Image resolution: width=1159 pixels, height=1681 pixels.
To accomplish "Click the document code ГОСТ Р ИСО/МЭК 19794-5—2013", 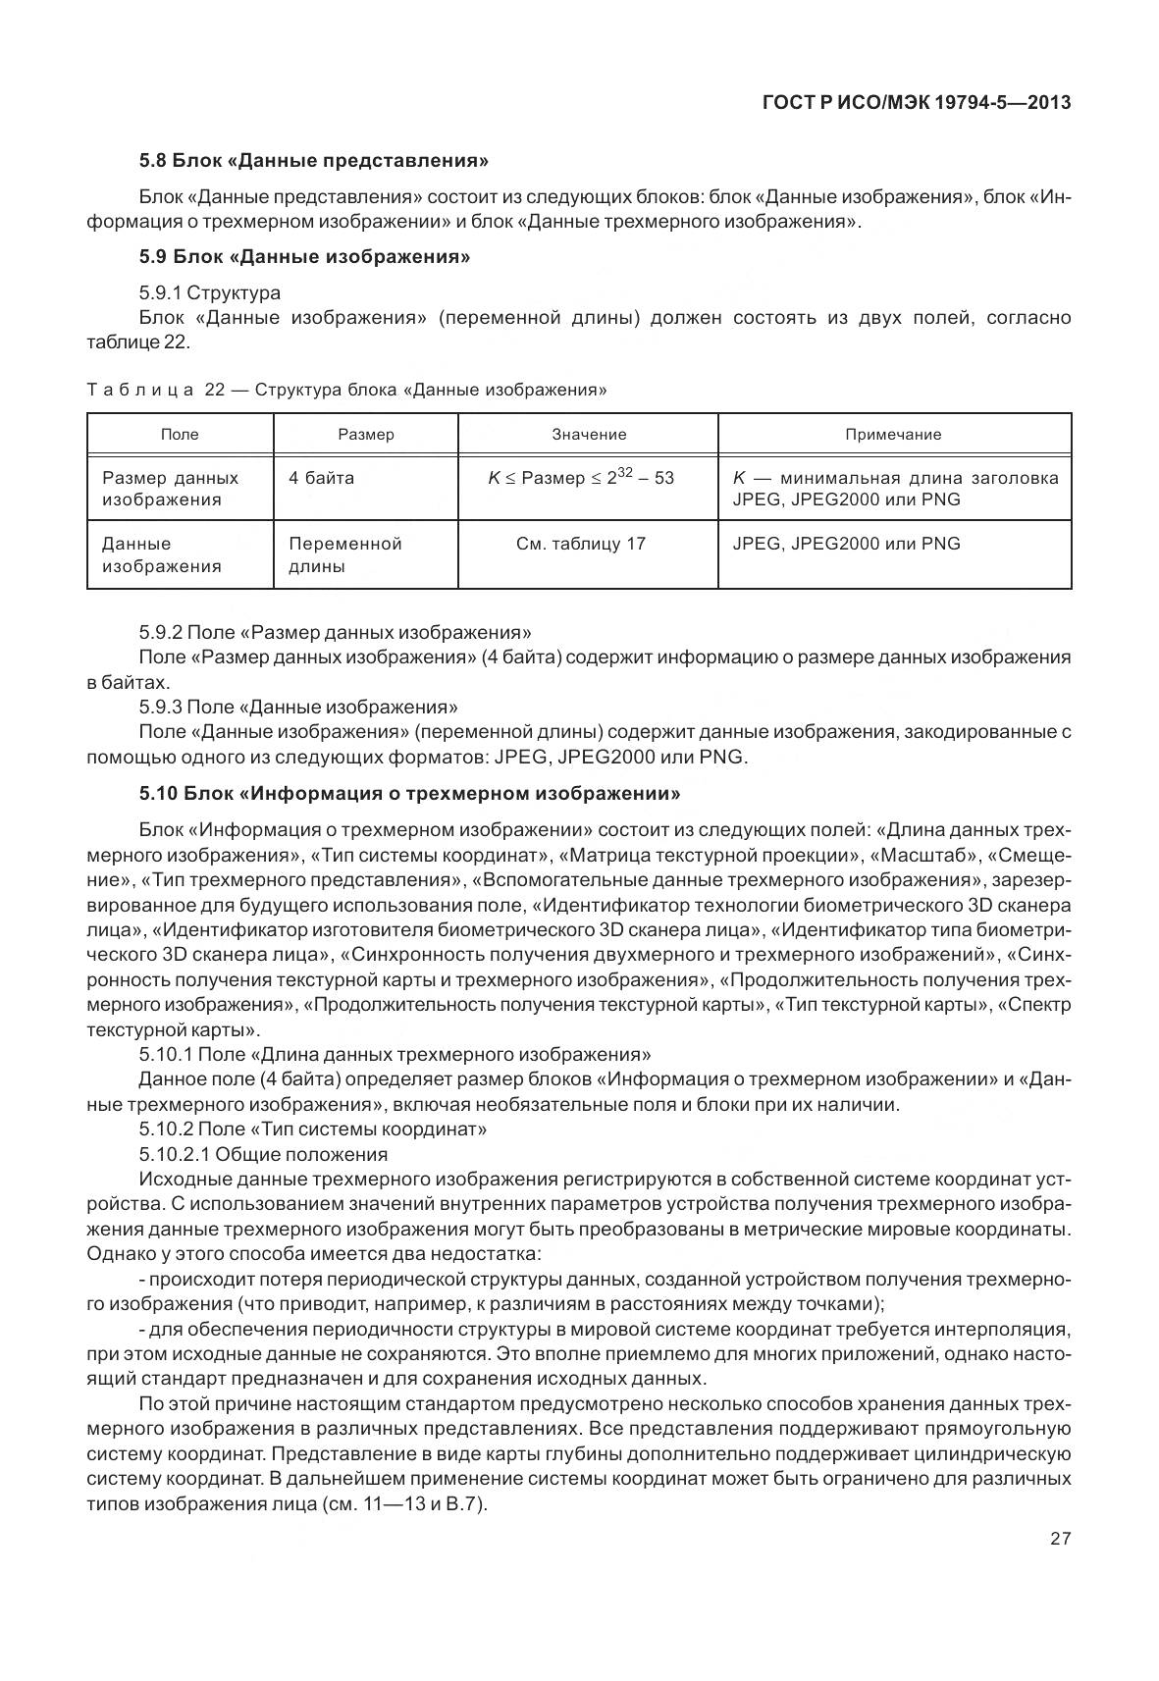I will (916, 102).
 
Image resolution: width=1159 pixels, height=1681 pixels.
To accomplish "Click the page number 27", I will (1060, 1538).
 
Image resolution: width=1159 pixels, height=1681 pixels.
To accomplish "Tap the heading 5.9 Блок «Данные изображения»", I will (304, 257).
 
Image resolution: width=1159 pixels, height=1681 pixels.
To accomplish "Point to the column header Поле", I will (180, 434).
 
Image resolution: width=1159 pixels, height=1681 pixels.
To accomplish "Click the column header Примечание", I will (893, 434).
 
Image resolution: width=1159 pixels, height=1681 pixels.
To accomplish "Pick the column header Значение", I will (588, 434).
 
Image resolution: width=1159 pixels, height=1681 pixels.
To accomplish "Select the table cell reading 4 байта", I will (321, 478).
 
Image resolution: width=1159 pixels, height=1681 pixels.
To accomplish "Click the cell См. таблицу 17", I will (581, 544).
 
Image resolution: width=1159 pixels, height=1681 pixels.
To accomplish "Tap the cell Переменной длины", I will (344, 554).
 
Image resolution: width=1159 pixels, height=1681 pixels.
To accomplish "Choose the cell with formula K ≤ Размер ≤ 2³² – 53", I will (581, 478).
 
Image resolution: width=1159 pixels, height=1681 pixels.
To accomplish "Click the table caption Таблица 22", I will (346, 390).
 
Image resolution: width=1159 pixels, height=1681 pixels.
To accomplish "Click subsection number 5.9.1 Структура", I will (209, 292).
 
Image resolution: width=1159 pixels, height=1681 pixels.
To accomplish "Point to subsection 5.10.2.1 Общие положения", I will (263, 1154).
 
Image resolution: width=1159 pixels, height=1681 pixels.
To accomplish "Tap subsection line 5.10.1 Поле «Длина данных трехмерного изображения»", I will (395, 1055).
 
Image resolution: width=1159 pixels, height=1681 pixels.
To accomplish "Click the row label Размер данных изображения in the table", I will (170, 489).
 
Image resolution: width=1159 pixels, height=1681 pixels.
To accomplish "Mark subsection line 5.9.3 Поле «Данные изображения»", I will (298, 707).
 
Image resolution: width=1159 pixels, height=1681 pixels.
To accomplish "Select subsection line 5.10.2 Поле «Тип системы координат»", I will (313, 1129).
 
